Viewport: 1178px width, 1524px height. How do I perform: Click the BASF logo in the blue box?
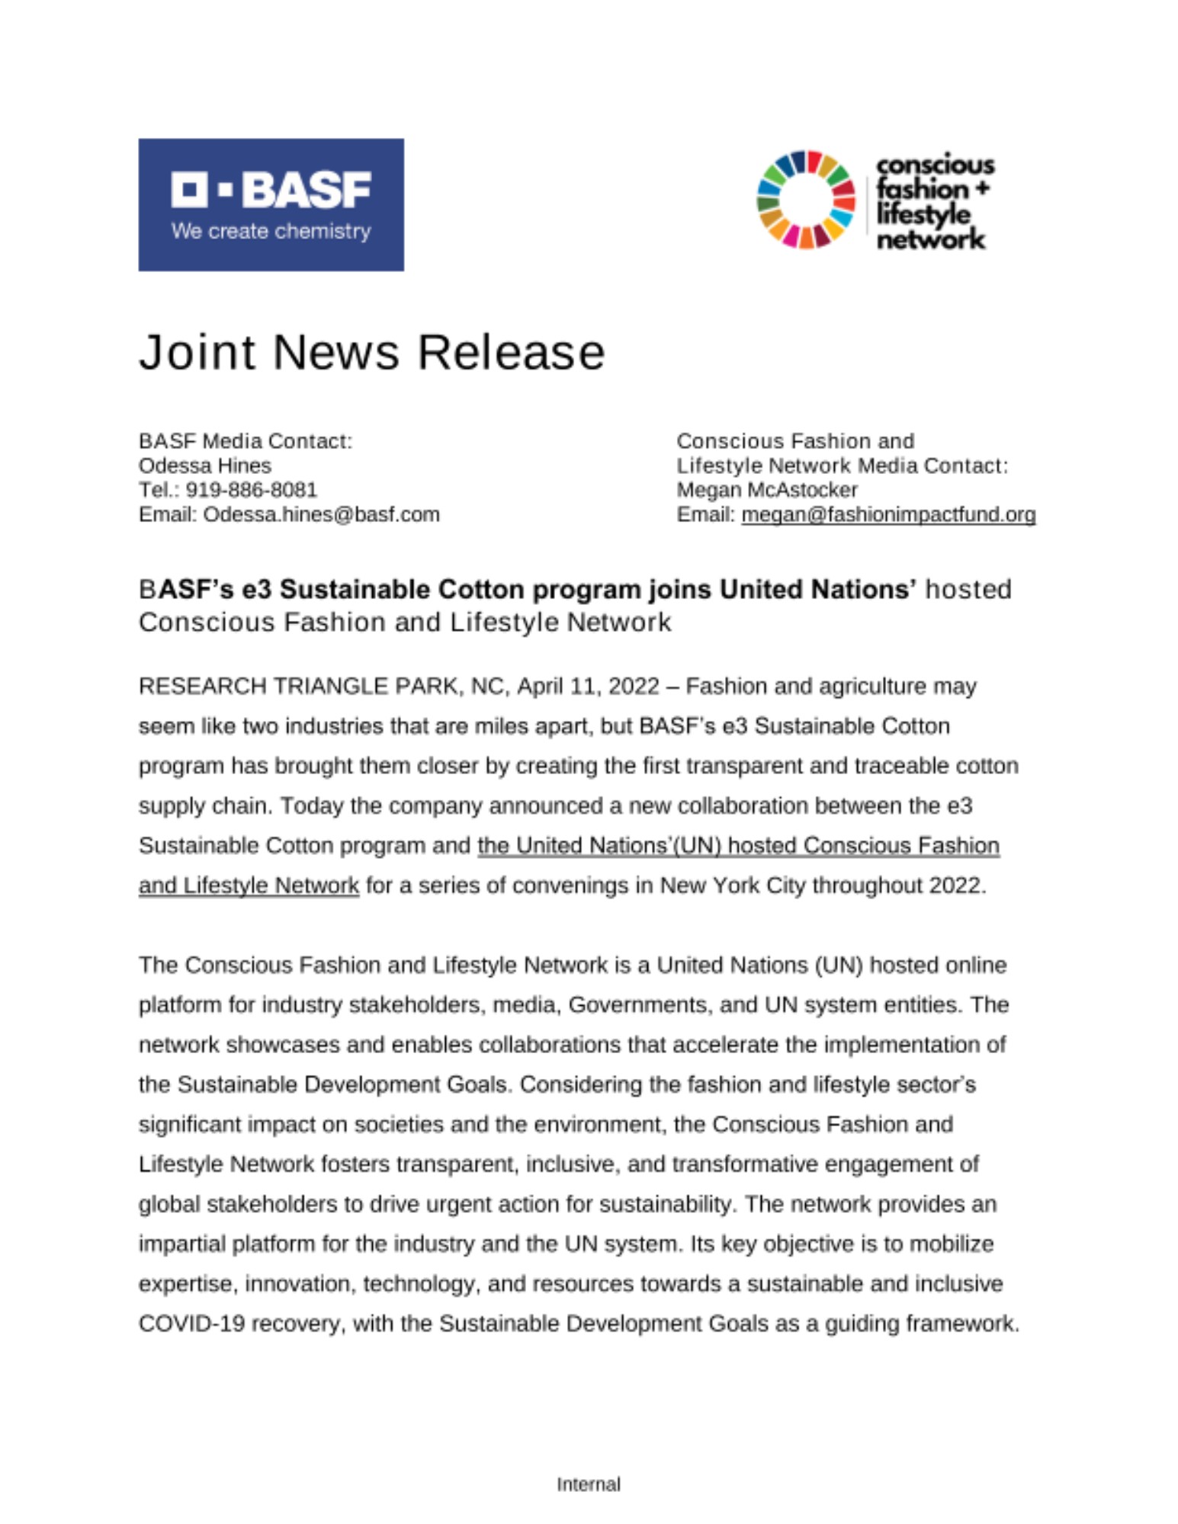point(271,190)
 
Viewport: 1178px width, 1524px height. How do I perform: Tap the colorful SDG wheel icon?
point(805,200)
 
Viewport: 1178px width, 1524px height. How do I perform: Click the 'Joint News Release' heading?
point(371,352)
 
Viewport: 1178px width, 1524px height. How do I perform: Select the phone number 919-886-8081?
point(251,490)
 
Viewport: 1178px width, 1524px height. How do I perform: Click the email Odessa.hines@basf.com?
point(321,514)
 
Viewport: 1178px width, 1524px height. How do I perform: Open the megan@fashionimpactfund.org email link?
point(888,514)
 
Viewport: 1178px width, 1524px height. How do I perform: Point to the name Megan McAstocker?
point(767,490)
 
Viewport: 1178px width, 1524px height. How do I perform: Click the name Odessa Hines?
point(204,466)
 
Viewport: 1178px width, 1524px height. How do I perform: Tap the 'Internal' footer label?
point(589,1484)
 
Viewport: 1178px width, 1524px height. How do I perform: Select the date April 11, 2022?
point(588,687)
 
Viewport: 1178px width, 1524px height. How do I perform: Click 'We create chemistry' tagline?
point(271,231)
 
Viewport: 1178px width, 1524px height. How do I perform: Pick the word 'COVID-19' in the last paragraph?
point(191,1324)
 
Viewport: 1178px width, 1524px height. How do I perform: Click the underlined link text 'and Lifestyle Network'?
point(249,885)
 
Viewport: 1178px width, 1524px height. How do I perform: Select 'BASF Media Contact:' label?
point(246,441)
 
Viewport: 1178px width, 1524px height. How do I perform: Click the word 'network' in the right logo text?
point(930,240)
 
